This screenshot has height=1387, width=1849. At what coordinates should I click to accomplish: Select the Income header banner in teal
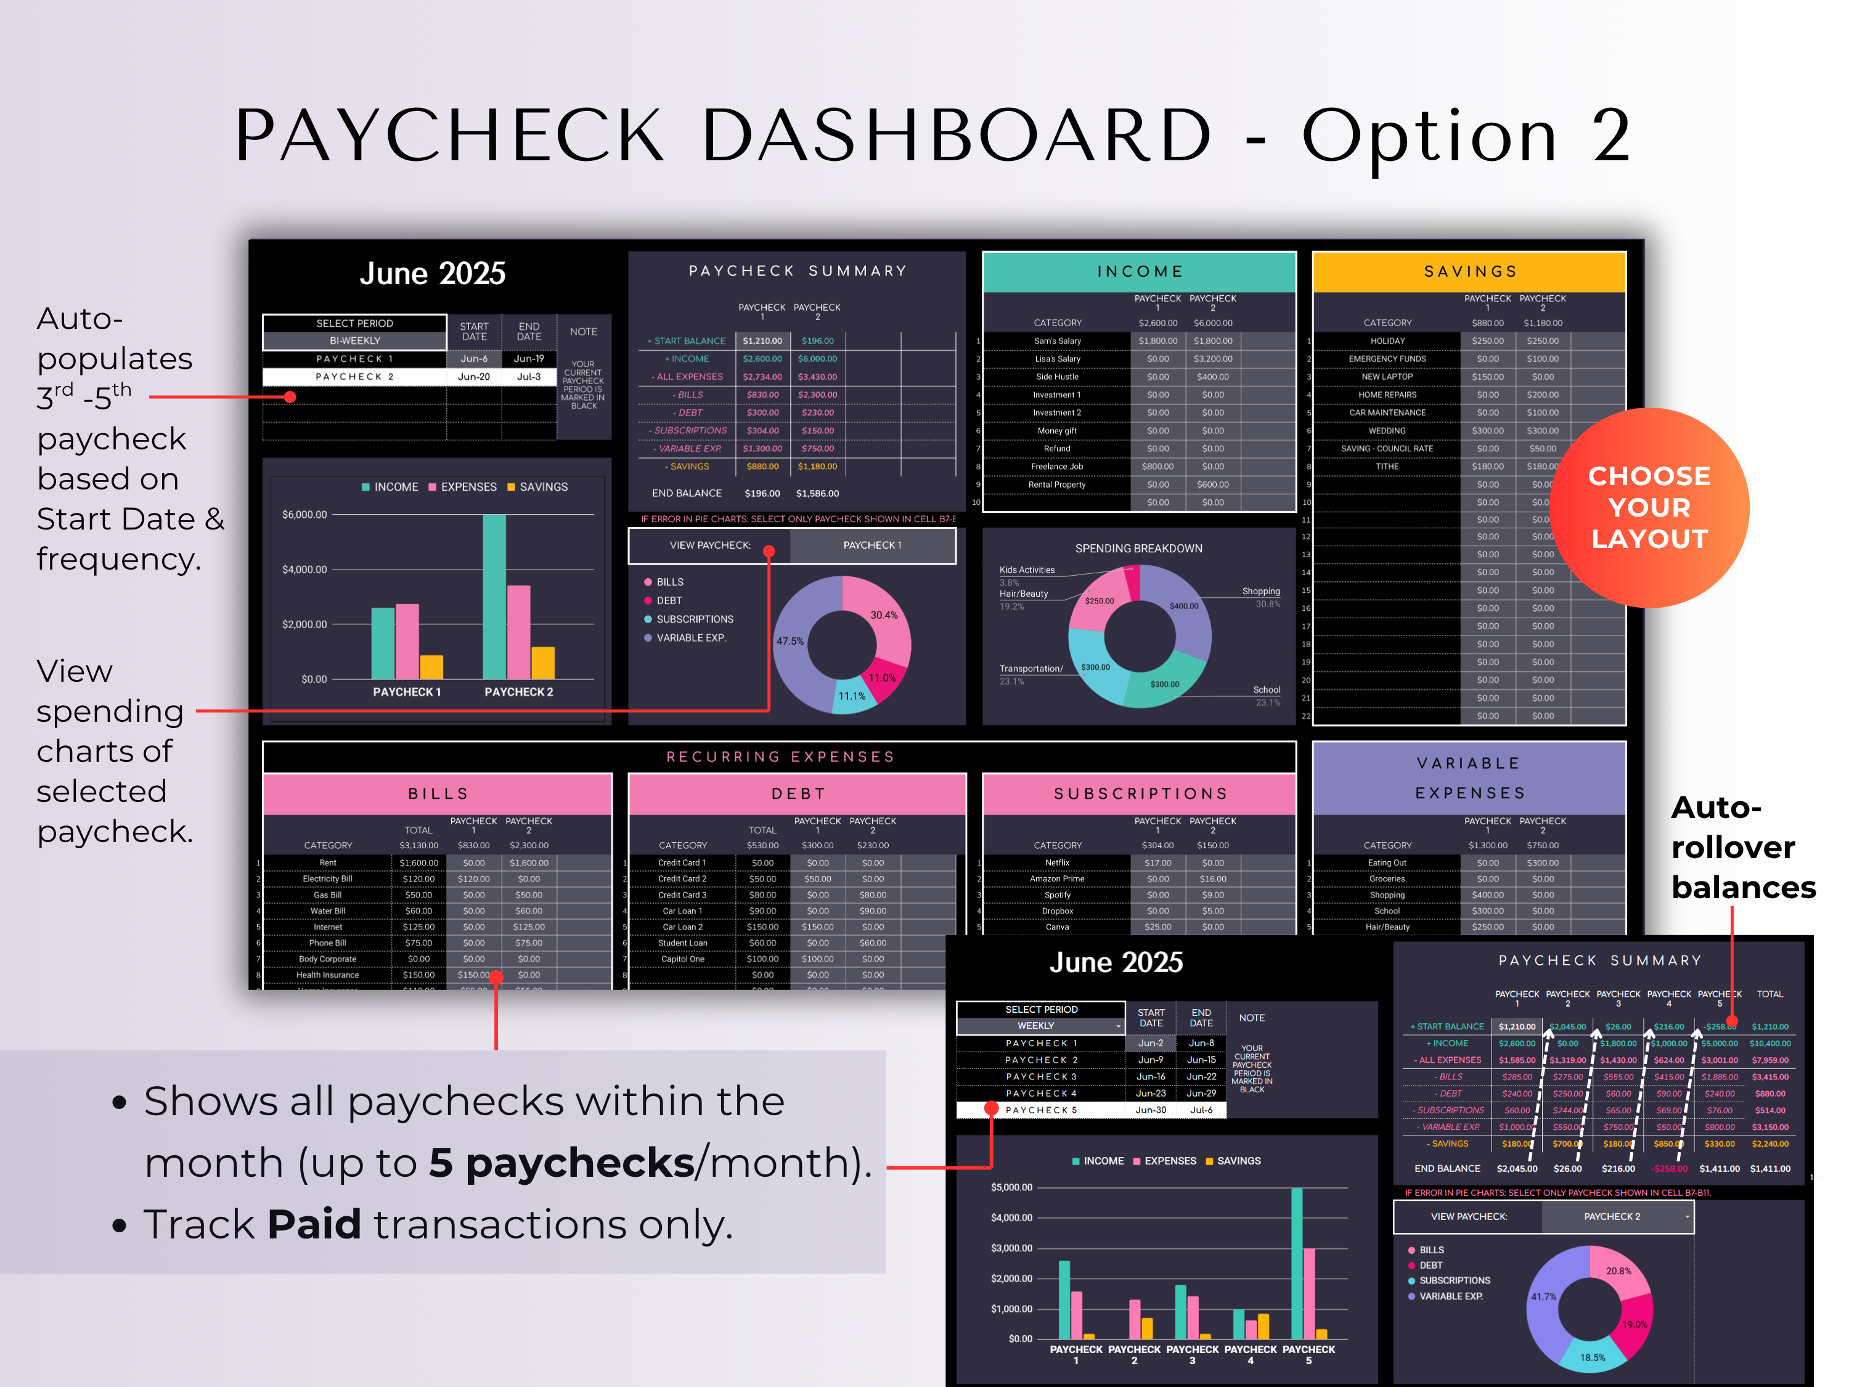click(1140, 272)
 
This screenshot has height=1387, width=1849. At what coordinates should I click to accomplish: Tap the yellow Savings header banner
click(1469, 272)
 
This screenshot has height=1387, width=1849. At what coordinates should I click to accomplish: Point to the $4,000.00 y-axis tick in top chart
click(304, 570)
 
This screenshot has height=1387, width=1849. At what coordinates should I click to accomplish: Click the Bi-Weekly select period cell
click(354, 341)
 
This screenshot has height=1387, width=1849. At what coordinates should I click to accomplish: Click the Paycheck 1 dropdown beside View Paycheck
click(872, 545)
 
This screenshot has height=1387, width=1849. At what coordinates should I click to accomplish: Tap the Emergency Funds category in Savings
click(1387, 359)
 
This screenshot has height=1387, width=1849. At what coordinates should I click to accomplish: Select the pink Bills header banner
click(438, 793)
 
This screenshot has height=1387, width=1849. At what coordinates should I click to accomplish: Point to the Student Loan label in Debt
click(682, 943)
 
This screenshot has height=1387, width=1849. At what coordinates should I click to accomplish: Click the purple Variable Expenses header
click(1469, 777)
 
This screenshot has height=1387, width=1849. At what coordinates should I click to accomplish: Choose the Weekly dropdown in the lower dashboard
click(1041, 1026)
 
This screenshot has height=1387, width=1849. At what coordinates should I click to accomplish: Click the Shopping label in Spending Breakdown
click(1260, 591)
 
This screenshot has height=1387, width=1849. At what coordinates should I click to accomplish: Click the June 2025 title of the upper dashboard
click(432, 273)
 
